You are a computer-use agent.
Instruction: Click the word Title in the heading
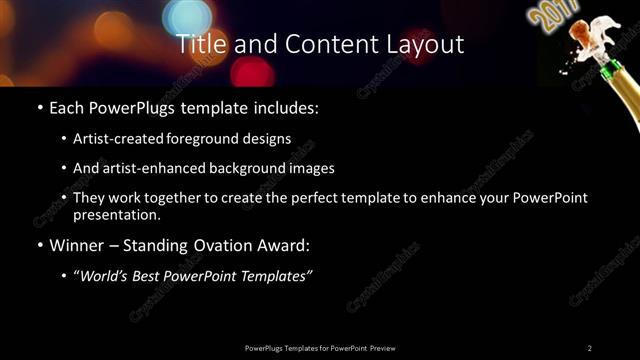point(198,44)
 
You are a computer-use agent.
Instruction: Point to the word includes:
point(286,105)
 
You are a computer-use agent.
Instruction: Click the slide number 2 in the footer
point(589,347)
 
